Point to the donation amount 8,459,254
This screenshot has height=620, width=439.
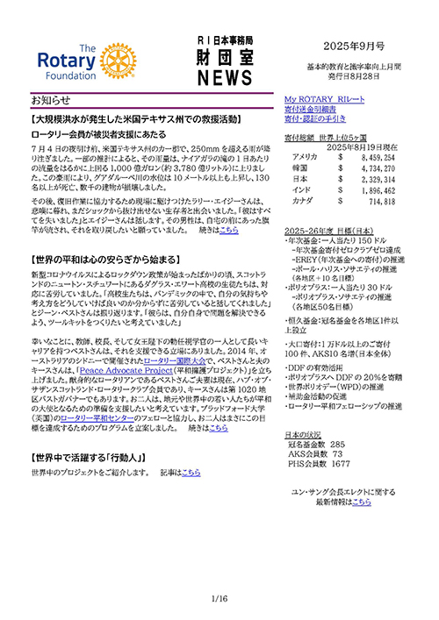pos(380,156)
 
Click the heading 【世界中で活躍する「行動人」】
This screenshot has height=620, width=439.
pos(88,458)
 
